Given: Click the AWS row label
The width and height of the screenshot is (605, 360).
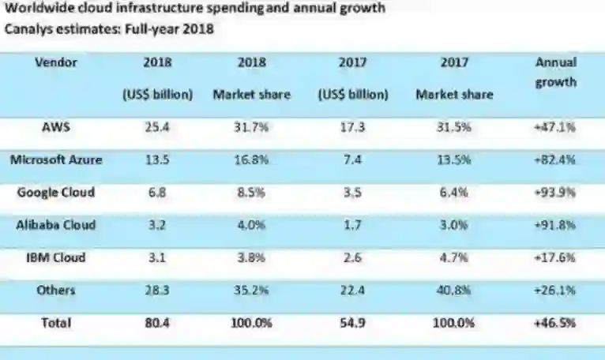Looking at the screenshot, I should pos(56,126).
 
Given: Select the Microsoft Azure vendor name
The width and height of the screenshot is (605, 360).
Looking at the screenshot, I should pos(56,159).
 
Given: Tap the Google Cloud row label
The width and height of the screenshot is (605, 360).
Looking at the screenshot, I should pos(56,192).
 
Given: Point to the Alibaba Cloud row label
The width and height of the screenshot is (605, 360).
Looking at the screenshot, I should pos(56,224).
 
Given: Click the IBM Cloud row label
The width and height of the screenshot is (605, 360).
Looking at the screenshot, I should pos(56,257).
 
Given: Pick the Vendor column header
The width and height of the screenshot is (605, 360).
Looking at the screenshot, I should pos(56,62).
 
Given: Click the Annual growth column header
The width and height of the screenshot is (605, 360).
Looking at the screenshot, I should pos(556,72).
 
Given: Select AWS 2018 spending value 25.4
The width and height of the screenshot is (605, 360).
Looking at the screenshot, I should pos(158,126).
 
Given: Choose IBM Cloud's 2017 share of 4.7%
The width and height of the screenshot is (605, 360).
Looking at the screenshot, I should pos(454,258).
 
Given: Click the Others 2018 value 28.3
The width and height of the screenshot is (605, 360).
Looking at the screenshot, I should pos(158,291).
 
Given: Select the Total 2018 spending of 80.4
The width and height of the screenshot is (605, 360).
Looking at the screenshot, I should pos(158,322).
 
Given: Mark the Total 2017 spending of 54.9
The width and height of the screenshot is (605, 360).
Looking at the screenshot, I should pos(353,322).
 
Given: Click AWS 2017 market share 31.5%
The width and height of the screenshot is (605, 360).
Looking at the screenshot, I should pos(454,127).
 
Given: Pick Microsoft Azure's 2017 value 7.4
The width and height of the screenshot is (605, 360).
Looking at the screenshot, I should pos(353,159).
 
